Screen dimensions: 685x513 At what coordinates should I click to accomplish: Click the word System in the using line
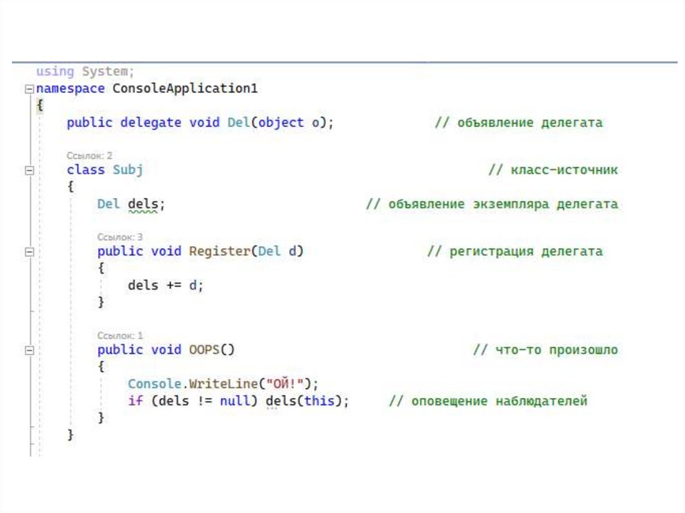(x=106, y=71)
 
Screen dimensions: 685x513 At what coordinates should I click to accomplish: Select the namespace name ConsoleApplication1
(x=185, y=88)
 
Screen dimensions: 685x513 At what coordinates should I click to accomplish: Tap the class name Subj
(x=127, y=170)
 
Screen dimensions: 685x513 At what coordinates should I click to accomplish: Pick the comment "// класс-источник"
(x=553, y=170)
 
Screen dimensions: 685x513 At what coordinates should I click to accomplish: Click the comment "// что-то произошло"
(x=545, y=350)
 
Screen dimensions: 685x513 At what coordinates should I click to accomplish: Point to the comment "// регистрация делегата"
(x=514, y=251)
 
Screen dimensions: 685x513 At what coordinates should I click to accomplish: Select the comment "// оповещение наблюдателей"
(x=488, y=401)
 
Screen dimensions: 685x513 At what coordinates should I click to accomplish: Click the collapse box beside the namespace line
(x=28, y=89)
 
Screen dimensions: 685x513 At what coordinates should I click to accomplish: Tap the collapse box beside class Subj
(x=28, y=171)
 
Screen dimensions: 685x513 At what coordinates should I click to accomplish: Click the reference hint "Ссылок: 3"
(x=120, y=237)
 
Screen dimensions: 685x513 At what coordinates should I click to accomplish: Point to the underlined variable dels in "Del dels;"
(x=142, y=204)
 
